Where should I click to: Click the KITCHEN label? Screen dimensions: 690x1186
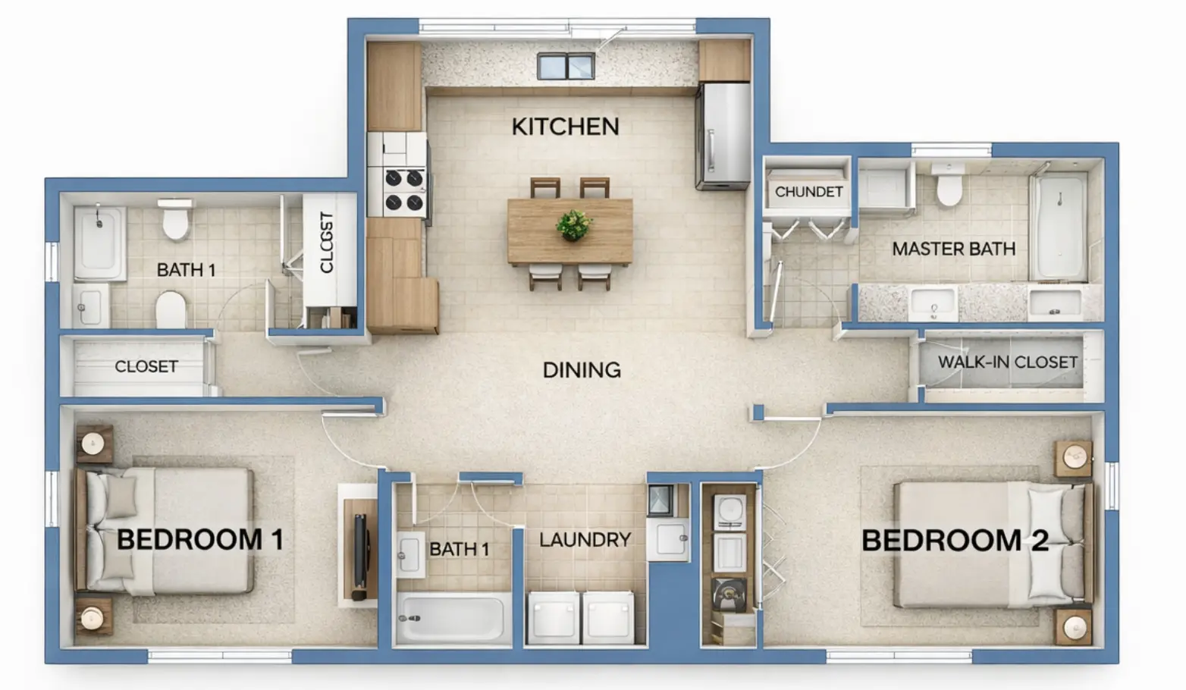click(565, 127)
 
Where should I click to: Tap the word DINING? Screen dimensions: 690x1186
click(582, 370)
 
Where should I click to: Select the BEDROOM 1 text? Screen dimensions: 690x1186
click(200, 540)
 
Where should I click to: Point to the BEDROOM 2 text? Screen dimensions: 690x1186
click(955, 541)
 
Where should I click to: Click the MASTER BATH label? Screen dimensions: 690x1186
click(953, 249)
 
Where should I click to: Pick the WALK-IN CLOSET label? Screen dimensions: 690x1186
click(1007, 362)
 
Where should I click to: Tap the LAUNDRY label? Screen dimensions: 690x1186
click(585, 540)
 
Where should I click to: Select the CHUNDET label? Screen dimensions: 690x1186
click(808, 192)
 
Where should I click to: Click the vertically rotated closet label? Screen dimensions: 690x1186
click(327, 243)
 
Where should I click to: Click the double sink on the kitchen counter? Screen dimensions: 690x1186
click(566, 67)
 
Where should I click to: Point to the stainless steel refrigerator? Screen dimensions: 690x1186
click(723, 136)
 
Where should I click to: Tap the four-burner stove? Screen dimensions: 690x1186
click(404, 190)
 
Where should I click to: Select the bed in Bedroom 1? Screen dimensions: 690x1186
click(167, 531)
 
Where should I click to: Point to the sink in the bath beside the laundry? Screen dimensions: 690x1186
click(410, 554)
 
